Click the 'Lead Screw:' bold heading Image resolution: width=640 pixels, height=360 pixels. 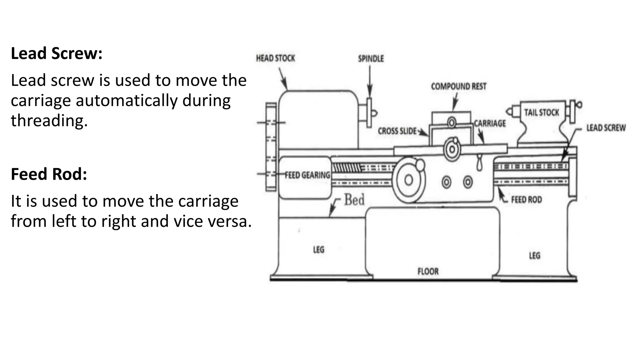pos(57,53)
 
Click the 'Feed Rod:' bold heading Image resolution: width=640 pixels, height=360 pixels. pos(49,174)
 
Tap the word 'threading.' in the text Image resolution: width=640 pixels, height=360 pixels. pos(49,121)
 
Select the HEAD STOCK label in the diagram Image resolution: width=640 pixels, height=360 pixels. pos(275,58)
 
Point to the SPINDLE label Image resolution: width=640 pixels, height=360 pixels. pos(371,59)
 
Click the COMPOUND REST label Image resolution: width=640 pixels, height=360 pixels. pos(458,86)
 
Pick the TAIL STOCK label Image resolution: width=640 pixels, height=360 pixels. pos(541,112)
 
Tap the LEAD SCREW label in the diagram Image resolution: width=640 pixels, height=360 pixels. pos(606,128)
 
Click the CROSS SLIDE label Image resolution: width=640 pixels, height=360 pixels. pos(397,131)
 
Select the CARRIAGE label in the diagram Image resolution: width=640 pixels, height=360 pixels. pos(490,123)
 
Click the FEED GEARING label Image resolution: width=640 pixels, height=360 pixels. pos(307,175)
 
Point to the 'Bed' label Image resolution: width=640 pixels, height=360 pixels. pos(354,200)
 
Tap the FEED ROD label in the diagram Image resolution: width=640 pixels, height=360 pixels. pos(526,199)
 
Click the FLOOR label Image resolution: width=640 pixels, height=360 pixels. pos(428,271)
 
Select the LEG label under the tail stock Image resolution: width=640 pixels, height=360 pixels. pos(534,256)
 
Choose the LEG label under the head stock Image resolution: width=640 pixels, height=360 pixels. pos(318,250)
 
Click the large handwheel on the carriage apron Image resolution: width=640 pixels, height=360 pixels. pos(408,180)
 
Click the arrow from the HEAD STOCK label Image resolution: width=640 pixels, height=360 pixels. pos(283,78)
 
